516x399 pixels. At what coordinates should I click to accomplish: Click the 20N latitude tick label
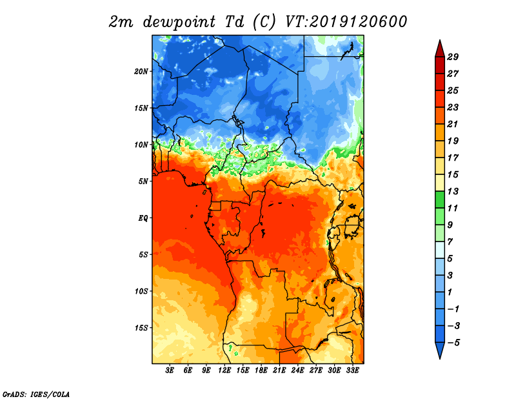pos(141,71)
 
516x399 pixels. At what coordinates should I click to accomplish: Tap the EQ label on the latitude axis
pos(143,218)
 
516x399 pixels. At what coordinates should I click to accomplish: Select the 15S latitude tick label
pos(141,328)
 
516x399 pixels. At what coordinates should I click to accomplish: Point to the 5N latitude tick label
pos(143,181)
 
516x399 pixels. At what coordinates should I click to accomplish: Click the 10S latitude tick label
pos(141,291)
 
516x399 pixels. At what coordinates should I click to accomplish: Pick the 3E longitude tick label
pos(170,371)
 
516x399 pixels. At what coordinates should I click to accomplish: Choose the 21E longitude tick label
pos(280,371)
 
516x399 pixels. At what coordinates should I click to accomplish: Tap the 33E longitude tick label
pos(353,371)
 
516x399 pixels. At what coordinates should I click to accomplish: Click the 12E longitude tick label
pos(225,371)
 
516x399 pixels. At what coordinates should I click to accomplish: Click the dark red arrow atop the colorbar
pos(439,48)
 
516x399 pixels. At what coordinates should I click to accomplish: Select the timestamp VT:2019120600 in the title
pos(346,21)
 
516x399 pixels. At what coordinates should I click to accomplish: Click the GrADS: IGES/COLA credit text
pos(35,393)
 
